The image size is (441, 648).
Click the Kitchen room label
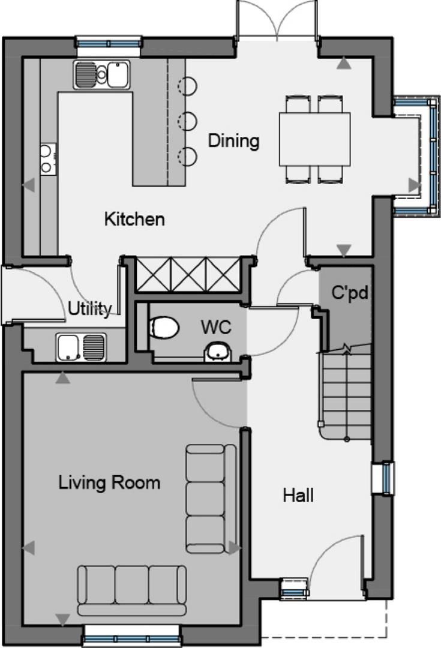(x=134, y=219)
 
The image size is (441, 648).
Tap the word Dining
(x=233, y=141)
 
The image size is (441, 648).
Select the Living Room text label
(x=109, y=482)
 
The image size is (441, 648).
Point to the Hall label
(x=298, y=495)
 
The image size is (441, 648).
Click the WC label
(x=216, y=327)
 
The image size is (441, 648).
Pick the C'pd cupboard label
(x=350, y=293)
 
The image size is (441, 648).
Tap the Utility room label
(x=89, y=309)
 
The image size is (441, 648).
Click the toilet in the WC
(x=164, y=327)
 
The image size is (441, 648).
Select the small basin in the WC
(x=218, y=352)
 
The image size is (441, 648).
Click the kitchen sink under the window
(x=101, y=75)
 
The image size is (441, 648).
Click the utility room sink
(x=81, y=347)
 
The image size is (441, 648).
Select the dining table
(x=314, y=139)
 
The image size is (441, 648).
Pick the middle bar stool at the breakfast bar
(x=187, y=121)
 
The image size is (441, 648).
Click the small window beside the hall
(x=383, y=478)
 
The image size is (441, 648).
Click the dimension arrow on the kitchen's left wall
(x=29, y=185)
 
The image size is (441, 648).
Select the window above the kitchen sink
(x=109, y=43)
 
